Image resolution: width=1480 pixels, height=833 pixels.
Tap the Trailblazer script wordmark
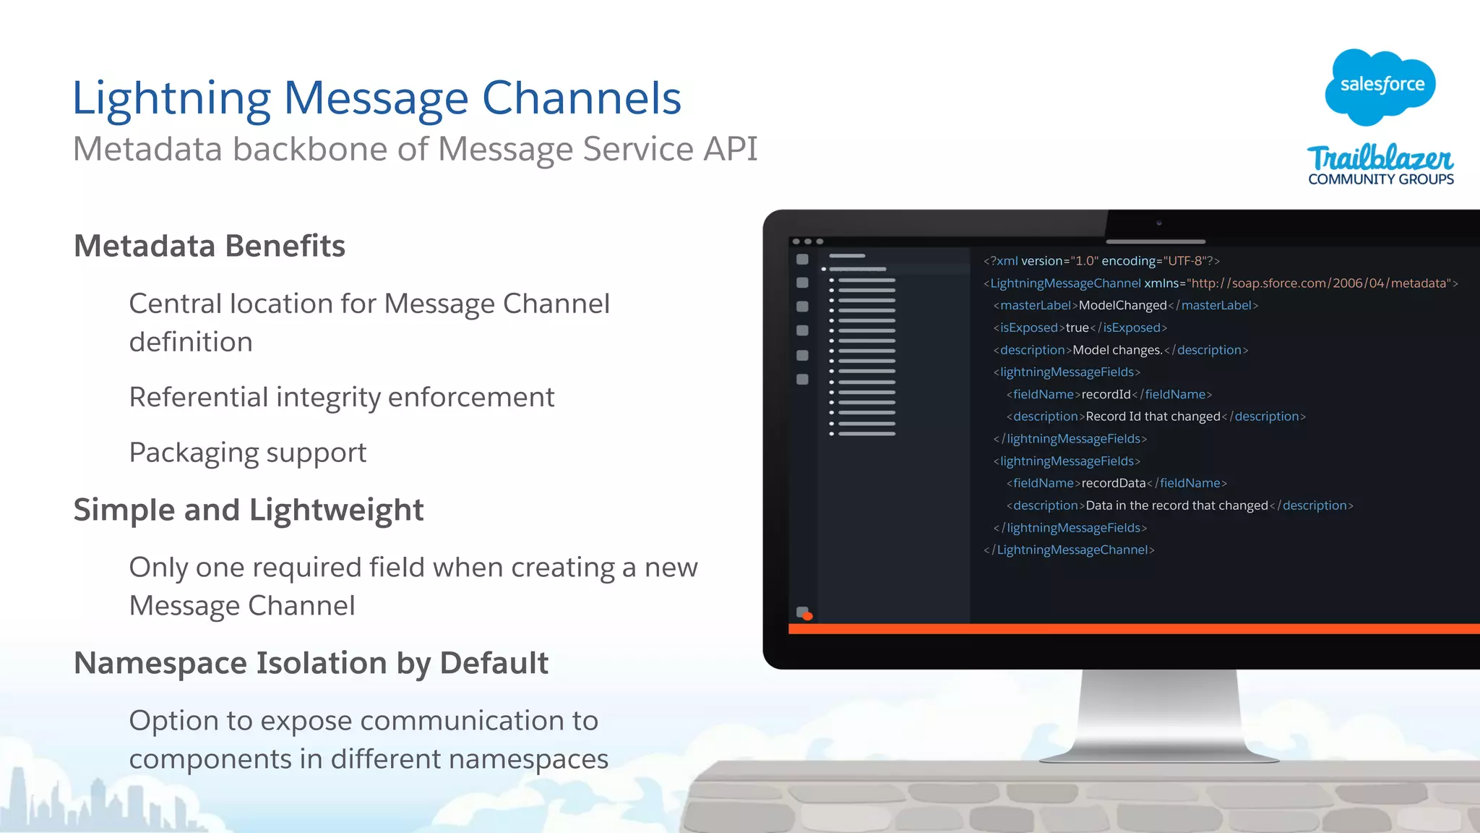[x=1380, y=158]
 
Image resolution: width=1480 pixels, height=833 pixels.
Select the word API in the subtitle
[x=731, y=149]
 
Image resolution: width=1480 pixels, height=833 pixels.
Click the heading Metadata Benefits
[x=210, y=246]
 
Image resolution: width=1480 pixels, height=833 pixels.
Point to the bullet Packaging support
[x=248, y=453]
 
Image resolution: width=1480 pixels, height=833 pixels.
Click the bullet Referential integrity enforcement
[x=341, y=397]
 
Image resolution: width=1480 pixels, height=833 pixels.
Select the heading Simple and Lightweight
[x=249, y=510]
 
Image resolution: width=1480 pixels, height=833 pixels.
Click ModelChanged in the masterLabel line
[x=1122, y=305]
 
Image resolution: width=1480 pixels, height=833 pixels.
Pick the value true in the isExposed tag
[x=1077, y=328]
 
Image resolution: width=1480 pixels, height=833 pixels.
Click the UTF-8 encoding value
[x=1183, y=261]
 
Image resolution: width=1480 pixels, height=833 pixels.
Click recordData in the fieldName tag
[x=1113, y=483]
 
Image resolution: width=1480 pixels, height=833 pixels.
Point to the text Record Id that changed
[x=1153, y=416]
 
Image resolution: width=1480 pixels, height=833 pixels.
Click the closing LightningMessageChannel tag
[x=1069, y=550]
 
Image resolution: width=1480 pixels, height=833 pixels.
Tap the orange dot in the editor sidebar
[x=808, y=616]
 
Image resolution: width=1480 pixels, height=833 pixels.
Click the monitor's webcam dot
[x=1158, y=223]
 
